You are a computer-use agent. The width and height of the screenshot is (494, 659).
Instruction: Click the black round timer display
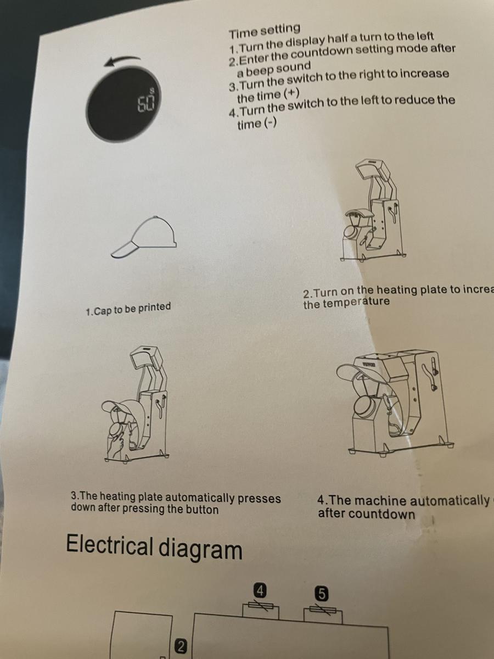(x=123, y=107)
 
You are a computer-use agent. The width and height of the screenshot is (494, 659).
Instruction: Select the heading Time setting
(x=265, y=29)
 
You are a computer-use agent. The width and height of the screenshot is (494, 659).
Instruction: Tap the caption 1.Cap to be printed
(x=128, y=309)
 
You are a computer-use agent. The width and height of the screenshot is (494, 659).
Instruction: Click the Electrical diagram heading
(x=154, y=548)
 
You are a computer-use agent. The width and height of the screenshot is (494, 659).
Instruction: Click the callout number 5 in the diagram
(x=322, y=593)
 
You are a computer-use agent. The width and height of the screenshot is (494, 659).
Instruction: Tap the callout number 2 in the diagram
(x=179, y=646)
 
